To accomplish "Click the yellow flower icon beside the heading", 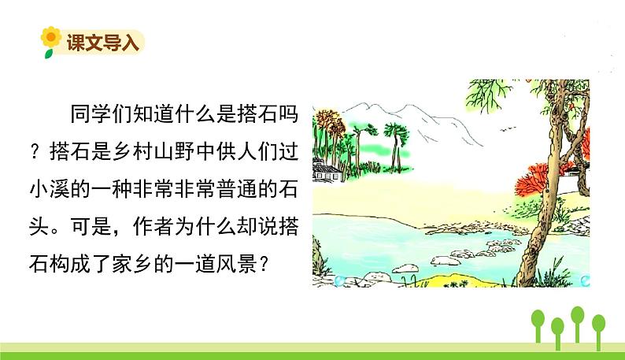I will [51, 40].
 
